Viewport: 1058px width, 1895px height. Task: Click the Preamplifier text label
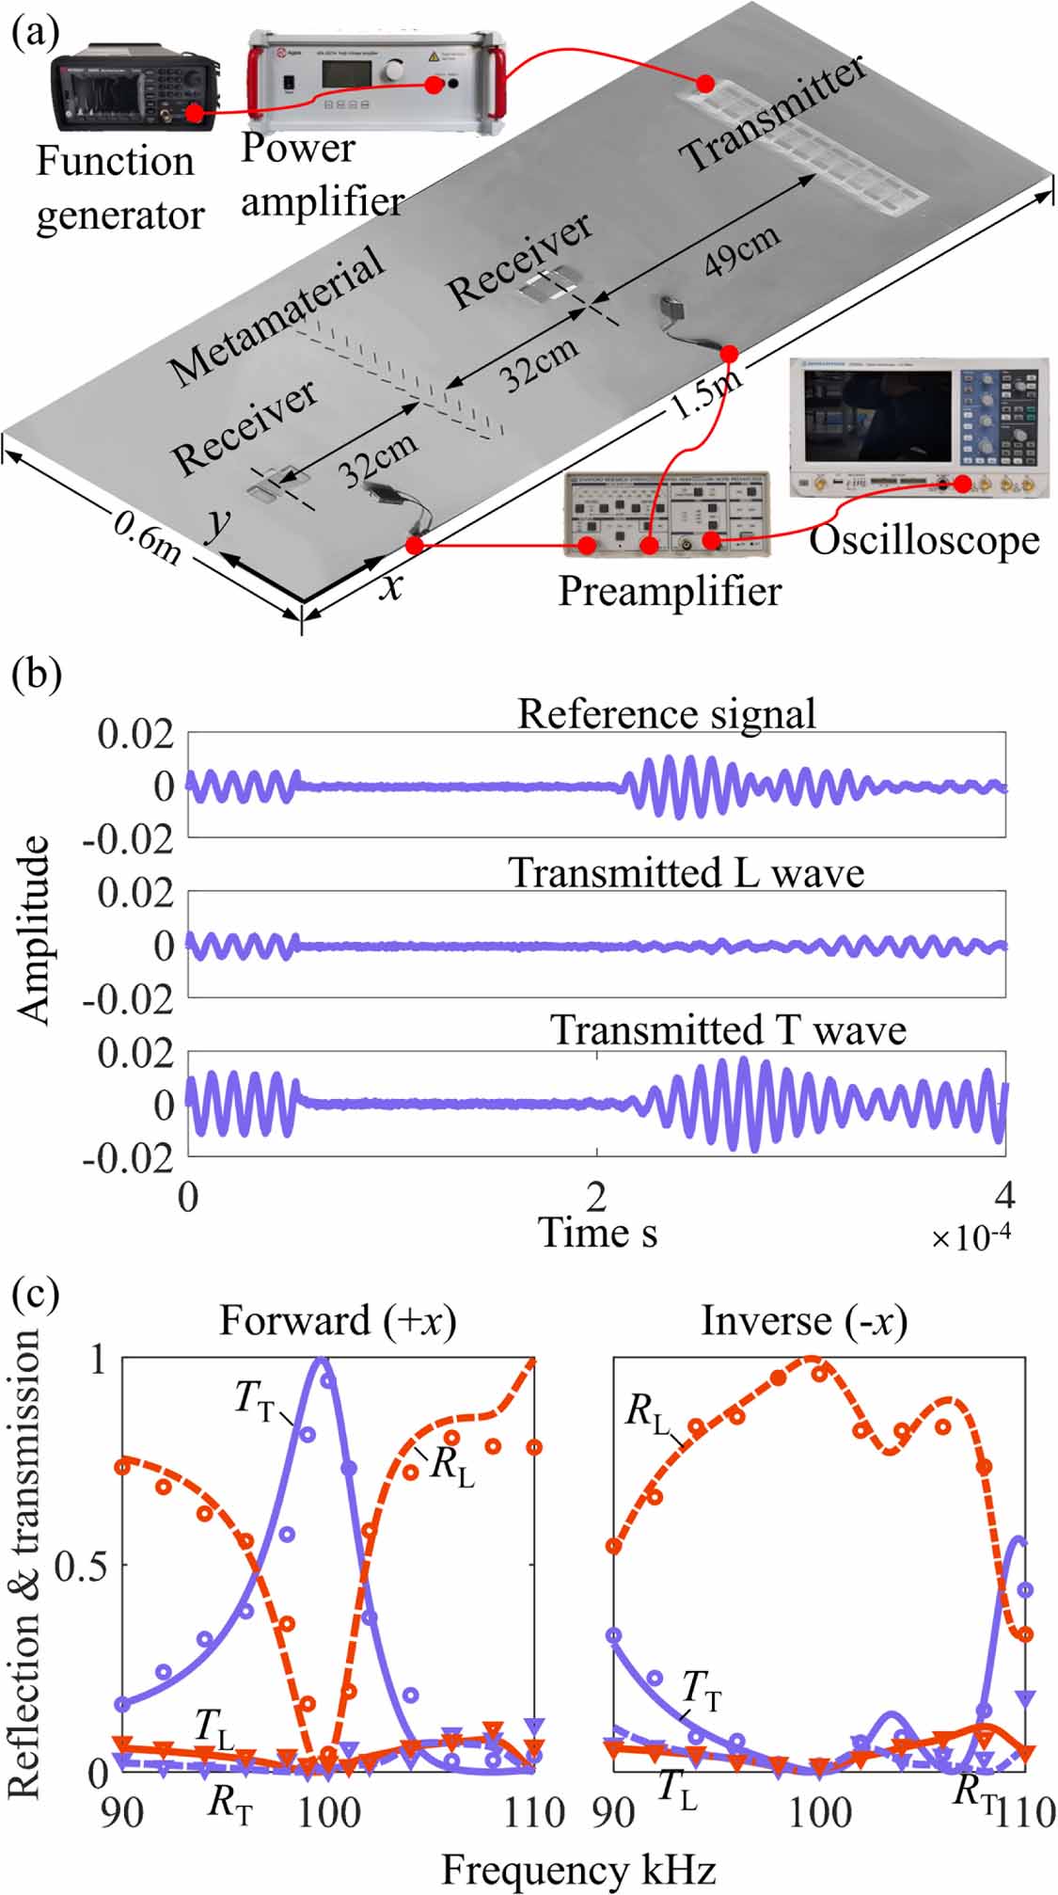click(669, 591)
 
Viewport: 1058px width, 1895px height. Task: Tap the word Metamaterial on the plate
click(278, 315)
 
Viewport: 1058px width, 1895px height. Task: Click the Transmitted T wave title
click(728, 1029)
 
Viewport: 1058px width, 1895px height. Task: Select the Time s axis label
click(596, 1232)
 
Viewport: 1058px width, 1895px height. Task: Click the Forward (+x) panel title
click(337, 1321)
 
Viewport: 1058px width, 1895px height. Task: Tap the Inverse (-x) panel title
click(804, 1321)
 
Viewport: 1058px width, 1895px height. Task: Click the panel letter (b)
click(36, 676)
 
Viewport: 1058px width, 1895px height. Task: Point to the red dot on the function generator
click(193, 114)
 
